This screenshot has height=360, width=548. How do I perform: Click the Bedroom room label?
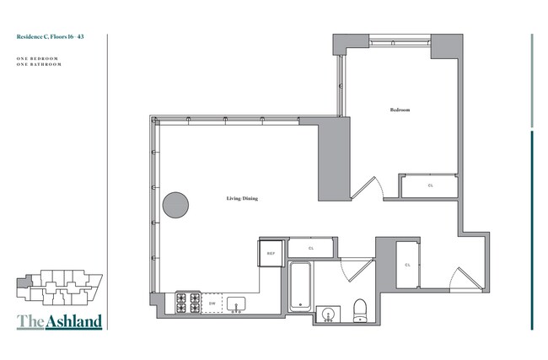pos(400,110)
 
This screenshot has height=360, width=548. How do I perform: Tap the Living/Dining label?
pos(242,199)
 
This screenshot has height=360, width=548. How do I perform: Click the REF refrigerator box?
pos(271,253)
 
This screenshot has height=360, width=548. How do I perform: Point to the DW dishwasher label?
pos(212,303)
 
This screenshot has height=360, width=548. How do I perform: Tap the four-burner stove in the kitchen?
pos(187,302)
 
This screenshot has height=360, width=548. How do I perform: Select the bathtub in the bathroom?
pos(301,291)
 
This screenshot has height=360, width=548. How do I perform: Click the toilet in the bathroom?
pos(358,309)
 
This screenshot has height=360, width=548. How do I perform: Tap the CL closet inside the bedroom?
pos(430,185)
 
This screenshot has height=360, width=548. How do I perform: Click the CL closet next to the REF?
pos(311,248)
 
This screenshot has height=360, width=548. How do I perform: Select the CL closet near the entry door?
pos(407,265)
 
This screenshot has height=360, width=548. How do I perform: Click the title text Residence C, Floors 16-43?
pos(50,38)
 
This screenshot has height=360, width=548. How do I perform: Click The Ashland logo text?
pos(59,320)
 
